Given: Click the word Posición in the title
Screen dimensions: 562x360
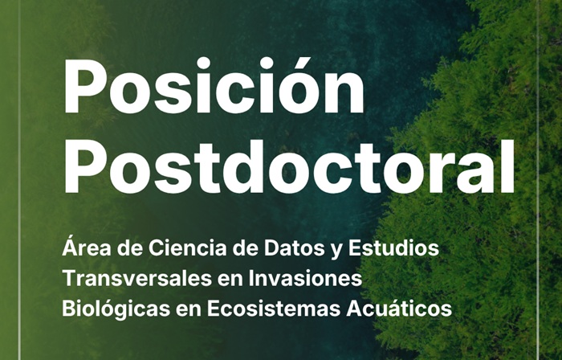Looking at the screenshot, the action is pos(214,85).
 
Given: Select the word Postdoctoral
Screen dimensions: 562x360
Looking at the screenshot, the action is pos(289,166).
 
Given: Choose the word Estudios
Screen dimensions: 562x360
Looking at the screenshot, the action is pos(393,247).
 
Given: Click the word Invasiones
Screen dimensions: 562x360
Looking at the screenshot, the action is pos(305,279).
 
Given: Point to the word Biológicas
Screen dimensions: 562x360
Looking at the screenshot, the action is pos(116,309).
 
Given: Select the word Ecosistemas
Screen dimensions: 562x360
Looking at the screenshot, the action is pos(274,309).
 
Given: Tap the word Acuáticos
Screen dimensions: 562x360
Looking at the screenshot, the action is pos(399,309).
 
